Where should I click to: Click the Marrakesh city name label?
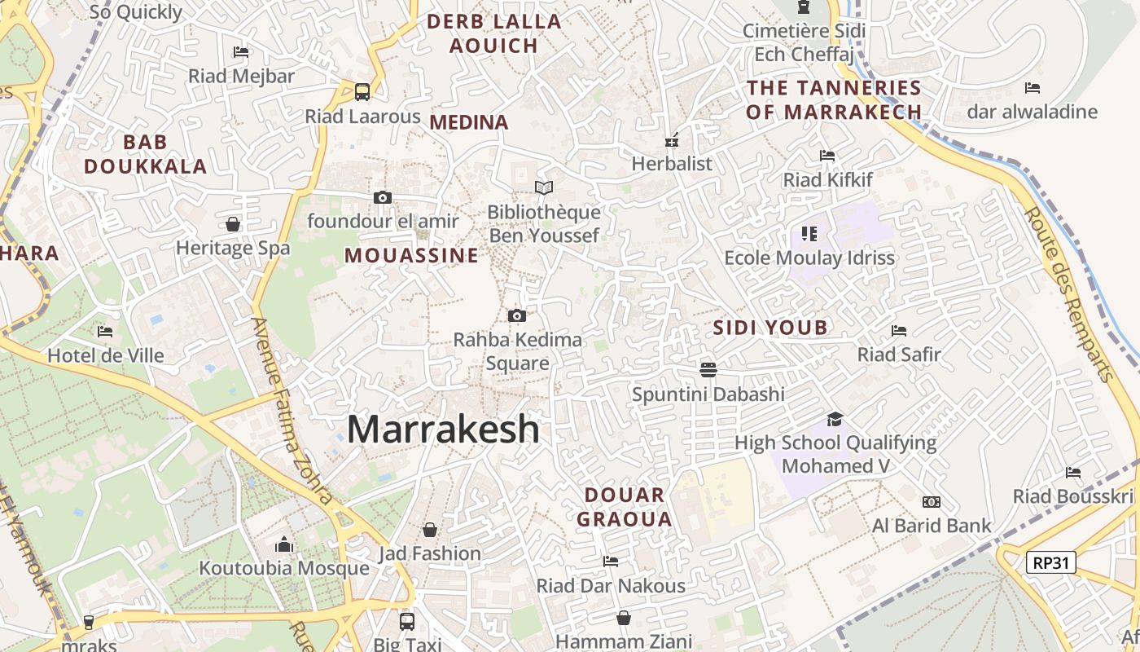click(443, 429)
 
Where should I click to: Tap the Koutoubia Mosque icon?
click(284, 544)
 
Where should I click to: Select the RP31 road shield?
click(1051, 562)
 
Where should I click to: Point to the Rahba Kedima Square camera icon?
click(516, 315)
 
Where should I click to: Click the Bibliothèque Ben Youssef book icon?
click(544, 187)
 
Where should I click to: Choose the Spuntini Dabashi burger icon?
click(708, 369)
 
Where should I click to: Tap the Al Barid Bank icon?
click(932, 501)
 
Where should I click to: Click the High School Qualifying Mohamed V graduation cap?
click(835, 419)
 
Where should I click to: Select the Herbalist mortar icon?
click(672, 139)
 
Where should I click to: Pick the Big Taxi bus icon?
click(407, 621)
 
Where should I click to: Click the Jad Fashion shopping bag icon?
click(430, 530)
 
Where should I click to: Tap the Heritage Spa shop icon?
click(233, 224)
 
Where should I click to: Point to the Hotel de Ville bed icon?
click(105, 331)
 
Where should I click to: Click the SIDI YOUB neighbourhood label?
click(770, 328)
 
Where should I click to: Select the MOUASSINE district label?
click(411, 255)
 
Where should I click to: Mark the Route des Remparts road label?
click(1068, 293)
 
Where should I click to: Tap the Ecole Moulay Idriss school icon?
click(809, 234)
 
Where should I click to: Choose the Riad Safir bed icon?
click(899, 330)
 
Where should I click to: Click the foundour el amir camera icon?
click(382, 197)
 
